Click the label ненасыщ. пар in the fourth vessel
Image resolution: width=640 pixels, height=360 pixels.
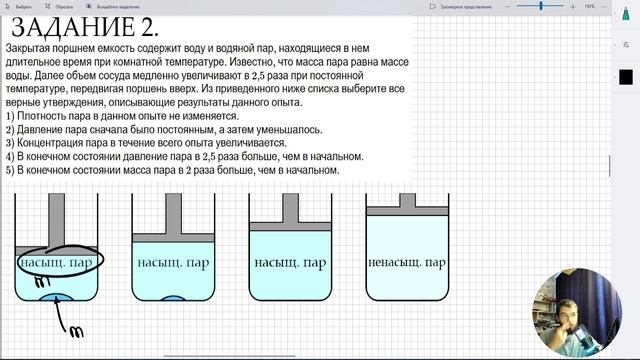point(406,264)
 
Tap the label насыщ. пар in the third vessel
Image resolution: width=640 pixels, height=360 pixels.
point(290,264)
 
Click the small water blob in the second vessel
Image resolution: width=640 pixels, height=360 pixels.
point(172,299)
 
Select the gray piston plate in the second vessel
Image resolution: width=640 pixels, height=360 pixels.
point(174,237)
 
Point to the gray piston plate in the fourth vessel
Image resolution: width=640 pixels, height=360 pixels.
point(406,210)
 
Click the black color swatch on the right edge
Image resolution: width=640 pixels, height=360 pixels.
point(626,77)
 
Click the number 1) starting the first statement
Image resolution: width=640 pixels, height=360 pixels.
point(10,117)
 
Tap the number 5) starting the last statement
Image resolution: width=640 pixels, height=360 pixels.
point(10,169)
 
